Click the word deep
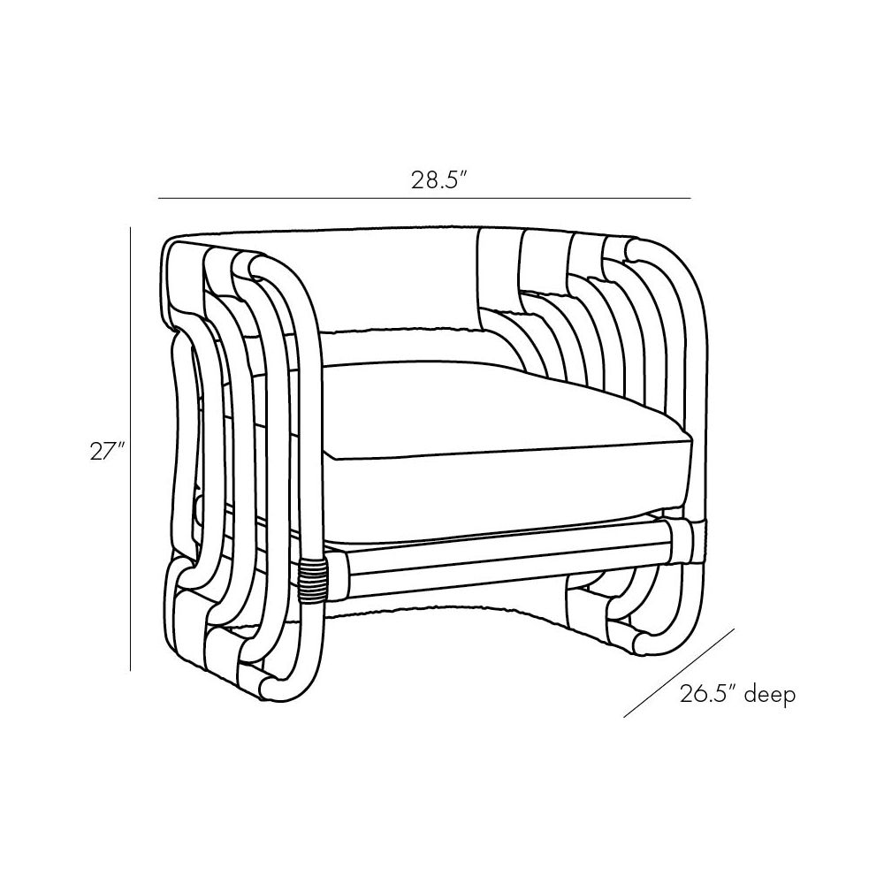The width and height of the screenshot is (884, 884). point(770,695)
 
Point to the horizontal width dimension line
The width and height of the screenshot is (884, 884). point(424,198)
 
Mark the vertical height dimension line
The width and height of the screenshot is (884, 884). point(130,449)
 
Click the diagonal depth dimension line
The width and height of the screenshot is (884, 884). point(679,671)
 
